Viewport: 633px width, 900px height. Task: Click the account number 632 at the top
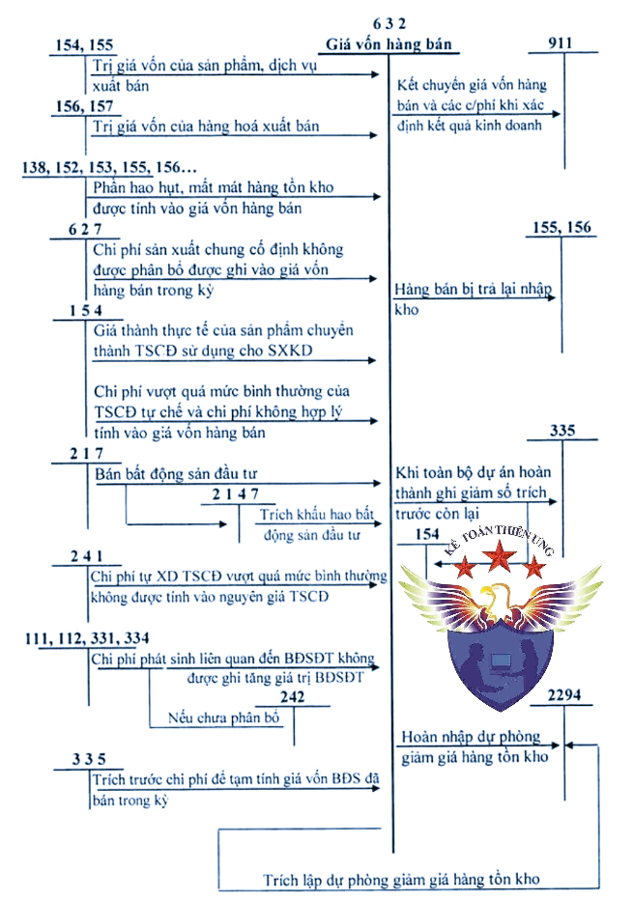coord(388,24)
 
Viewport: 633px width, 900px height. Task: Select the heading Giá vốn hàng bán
coord(388,44)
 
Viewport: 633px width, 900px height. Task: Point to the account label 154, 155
coord(86,44)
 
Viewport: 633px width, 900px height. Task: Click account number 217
coord(86,453)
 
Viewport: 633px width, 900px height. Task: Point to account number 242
coord(292,697)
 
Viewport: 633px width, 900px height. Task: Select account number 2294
coord(565,695)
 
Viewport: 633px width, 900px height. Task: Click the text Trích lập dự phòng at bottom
coord(401,880)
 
